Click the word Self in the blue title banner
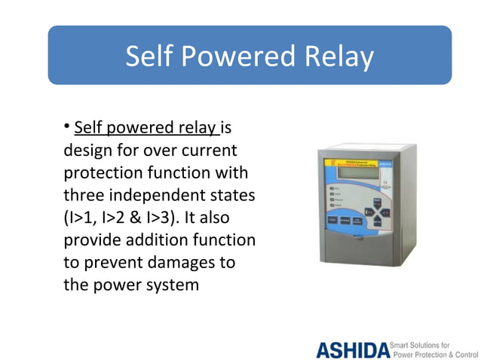[x=149, y=56]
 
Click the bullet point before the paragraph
[x=67, y=124]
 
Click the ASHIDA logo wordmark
[x=352, y=350]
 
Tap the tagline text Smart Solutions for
[x=425, y=343]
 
